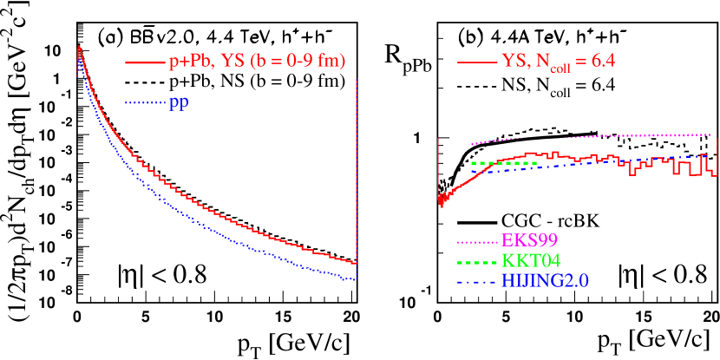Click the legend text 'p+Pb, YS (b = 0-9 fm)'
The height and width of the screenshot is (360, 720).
(x=257, y=62)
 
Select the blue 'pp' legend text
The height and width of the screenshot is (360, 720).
(x=180, y=102)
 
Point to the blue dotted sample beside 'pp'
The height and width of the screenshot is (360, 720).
(x=145, y=103)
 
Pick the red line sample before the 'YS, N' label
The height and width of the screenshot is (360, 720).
(x=476, y=62)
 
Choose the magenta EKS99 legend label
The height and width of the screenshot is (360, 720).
(x=531, y=240)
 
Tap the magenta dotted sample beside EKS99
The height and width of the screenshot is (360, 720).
(x=477, y=241)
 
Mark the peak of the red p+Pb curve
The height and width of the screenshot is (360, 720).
(x=79, y=46)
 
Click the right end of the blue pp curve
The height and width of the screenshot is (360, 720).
(x=356, y=278)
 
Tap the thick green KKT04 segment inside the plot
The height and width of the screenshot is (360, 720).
(x=503, y=163)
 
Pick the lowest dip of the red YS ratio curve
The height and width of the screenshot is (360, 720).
(x=442, y=204)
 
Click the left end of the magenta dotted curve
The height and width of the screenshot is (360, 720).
(x=471, y=144)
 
